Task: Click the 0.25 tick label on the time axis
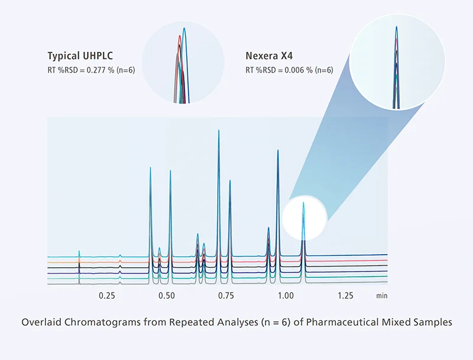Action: pyautogui.click(x=106, y=294)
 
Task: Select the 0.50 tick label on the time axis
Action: pyautogui.click(x=167, y=294)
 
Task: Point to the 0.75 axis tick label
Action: pyautogui.click(x=226, y=294)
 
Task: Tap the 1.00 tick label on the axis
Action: pyautogui.click(x=286, y=294)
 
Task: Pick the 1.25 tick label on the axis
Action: pyautogui.click(x=345, y=294)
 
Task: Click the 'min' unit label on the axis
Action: pyautogui.click(x=381, y=294)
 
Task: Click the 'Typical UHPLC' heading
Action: pyautogui.click(x=80, y=56)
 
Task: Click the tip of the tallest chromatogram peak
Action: pyautogui.click(x=219, y=129)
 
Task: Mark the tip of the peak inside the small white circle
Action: pyautogui.click(x=303, y=203)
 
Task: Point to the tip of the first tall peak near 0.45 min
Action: pyautogui.click(x=150, y=168)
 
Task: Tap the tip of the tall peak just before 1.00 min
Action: pyautogui.click(x=277, y=150)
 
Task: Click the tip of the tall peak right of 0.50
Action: pyautogui.click(x=170, y=171)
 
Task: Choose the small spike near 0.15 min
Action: pyautogui.click(x=79, y=251)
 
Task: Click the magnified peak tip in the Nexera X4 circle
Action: pyautogui.click(x=396, y=27)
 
